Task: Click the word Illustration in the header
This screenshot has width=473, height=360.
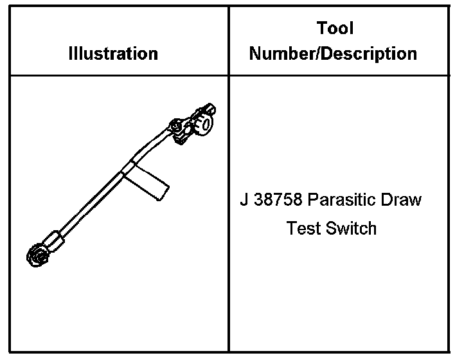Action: pos(113,53)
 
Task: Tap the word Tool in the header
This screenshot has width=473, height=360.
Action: pos(335,28)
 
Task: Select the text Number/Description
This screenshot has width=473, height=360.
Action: pos(333,53)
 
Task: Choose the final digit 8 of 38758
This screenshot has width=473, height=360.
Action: pos(298,199)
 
